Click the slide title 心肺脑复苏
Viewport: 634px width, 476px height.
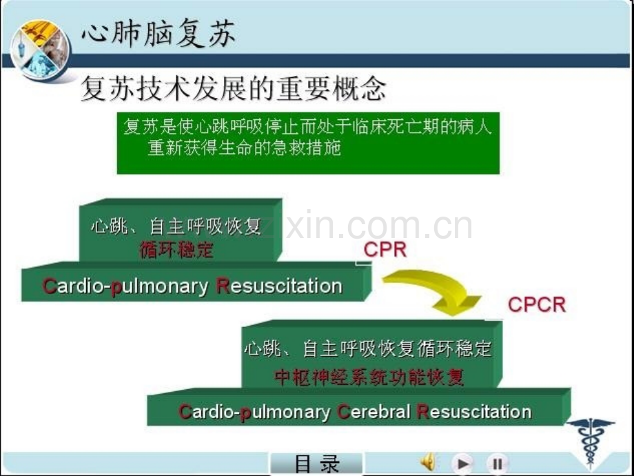point(158,33)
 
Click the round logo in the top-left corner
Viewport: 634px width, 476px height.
point(40,50)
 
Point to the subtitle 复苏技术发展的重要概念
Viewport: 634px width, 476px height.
point(234,88)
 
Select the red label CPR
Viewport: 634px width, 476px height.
point(385,250)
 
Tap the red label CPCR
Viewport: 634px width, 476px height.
point(537,305)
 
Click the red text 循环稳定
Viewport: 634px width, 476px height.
point(176,250)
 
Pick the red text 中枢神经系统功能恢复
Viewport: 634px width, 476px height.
point(369,377)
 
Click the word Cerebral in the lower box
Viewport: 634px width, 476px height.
point(374,412)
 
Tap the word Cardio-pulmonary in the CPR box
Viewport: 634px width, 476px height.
point(125,286)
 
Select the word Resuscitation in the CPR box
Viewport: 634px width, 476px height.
point(279,286)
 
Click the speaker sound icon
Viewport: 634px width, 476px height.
point(428,462)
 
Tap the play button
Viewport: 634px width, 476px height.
point(462,463)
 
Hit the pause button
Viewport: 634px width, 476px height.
point(498,463)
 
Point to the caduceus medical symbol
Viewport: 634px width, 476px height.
point(591,442)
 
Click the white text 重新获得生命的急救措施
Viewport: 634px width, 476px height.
point(244,148)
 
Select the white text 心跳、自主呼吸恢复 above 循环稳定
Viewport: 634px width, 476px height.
point(176,226)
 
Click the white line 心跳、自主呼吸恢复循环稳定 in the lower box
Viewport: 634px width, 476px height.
point(368,348)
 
